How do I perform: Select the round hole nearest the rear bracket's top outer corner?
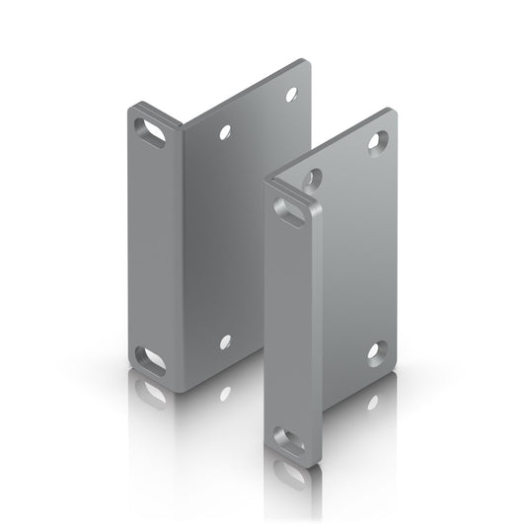(290, 95)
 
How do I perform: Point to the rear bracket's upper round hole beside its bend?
(227, 131)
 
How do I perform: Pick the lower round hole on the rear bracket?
(225, 341)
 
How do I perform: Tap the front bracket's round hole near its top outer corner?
(376, 142)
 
